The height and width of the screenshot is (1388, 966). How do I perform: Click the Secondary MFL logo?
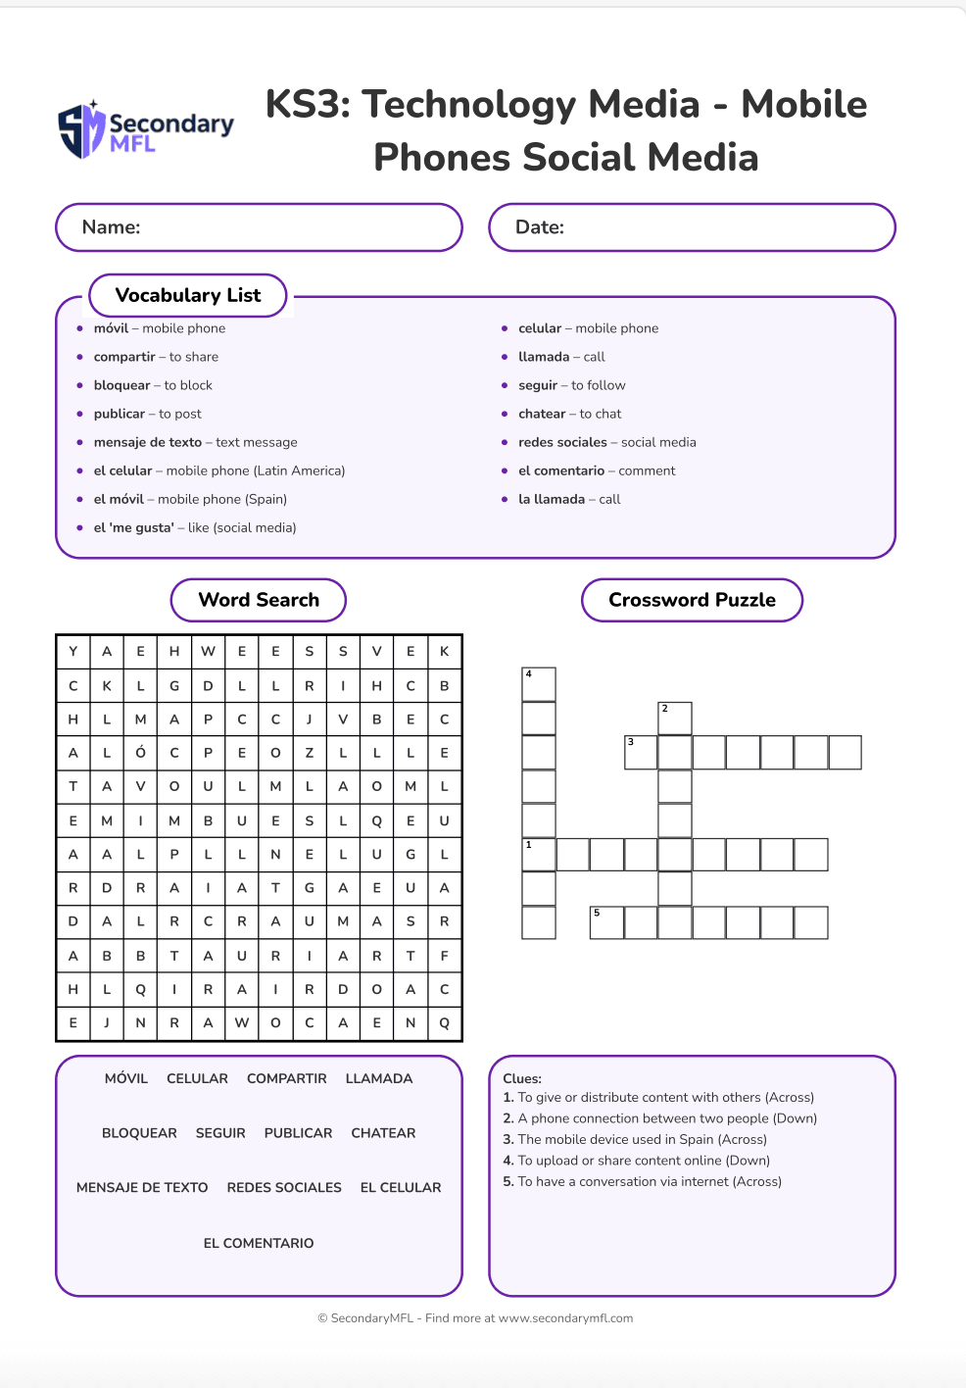pos(146,130)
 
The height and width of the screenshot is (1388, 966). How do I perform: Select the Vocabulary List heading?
pos(188,295)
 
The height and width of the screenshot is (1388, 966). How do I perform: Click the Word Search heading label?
pos(259,600)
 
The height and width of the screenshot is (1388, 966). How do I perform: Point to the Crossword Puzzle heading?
pos(692,600)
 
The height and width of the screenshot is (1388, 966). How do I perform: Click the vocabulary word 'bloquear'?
pos(122,385)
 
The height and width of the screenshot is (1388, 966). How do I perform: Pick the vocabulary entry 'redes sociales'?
pos(562,442)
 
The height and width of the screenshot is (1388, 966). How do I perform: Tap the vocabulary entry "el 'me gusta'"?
pos(134,527)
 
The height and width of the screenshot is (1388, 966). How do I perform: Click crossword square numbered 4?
pos(539,684)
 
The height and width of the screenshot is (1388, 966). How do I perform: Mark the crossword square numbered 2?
pos(675,719)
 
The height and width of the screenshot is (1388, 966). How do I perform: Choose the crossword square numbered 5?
pos(606,922)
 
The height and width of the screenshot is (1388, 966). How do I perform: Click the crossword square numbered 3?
pos(641,752)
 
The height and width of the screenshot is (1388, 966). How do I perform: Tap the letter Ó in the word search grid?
pos(140,753)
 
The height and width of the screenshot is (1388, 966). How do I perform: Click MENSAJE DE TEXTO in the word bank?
pos(142,1187)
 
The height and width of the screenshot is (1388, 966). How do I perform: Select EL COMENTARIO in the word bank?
pos(259,1243)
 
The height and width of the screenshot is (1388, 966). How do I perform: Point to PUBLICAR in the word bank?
pos(298,1133)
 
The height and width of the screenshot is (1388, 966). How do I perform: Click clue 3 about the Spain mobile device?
pos(635,1139)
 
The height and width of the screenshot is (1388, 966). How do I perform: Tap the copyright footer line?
pos(475,1318)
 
